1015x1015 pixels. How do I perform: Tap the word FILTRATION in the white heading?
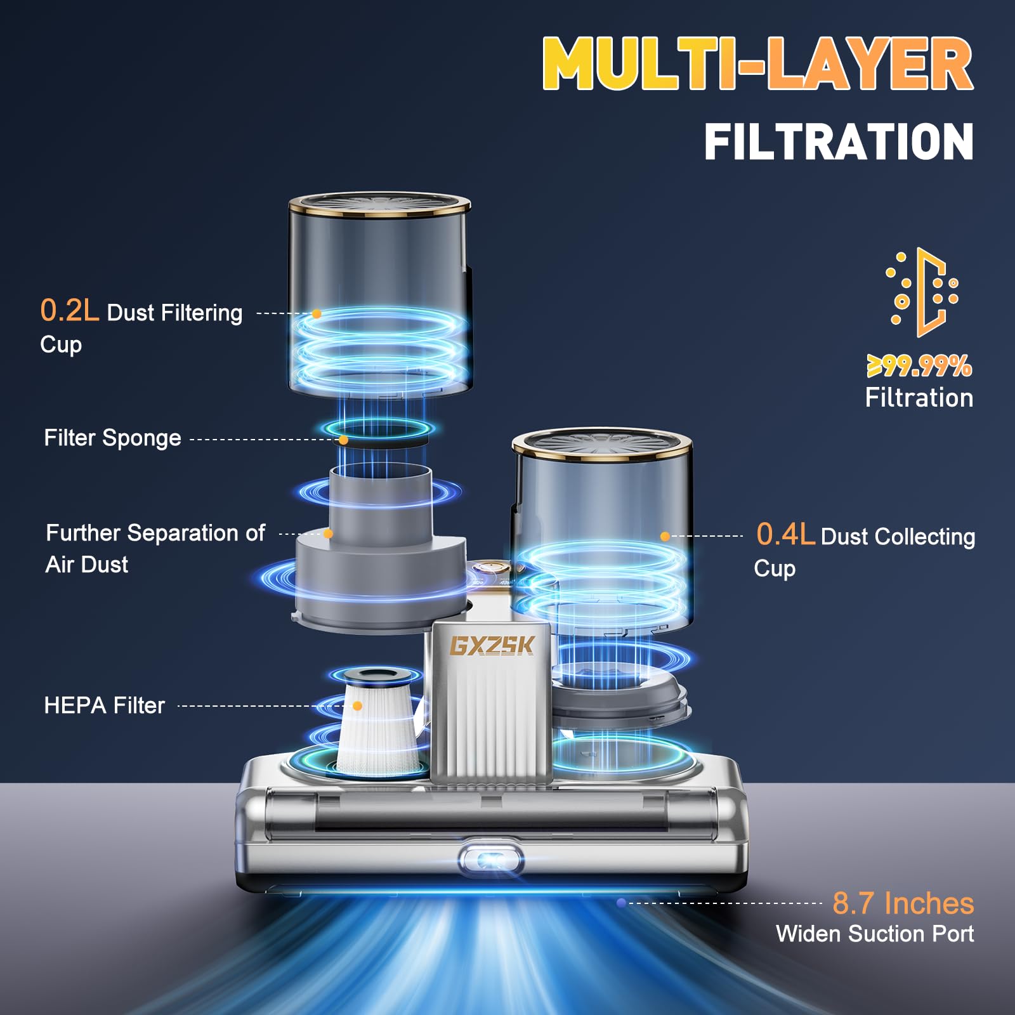tap(839, 141)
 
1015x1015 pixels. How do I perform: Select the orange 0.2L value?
tap(70, 310)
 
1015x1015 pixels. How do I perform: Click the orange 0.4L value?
tap(785, 534)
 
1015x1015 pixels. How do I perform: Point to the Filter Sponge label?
tap(112, 438)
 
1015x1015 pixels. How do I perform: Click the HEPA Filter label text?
tap(104, 705)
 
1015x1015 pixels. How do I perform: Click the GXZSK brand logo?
tap(492, 645)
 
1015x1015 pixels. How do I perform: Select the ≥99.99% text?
tap(919, 365)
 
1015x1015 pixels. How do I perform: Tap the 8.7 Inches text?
tap(903, 903)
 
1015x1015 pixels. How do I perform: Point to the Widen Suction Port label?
tap(875, 934)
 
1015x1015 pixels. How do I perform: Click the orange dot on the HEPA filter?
tap(357, 706)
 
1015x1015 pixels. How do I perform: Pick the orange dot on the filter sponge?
tap(343, 440)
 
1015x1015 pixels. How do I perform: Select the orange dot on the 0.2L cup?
tap(317, 313)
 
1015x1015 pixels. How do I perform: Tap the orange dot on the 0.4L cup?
tap(665, 537)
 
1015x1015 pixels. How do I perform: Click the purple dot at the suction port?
tap(622, 903)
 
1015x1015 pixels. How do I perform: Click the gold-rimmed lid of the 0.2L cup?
tap(379, 204)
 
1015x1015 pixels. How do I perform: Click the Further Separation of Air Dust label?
tap(155, 549)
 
